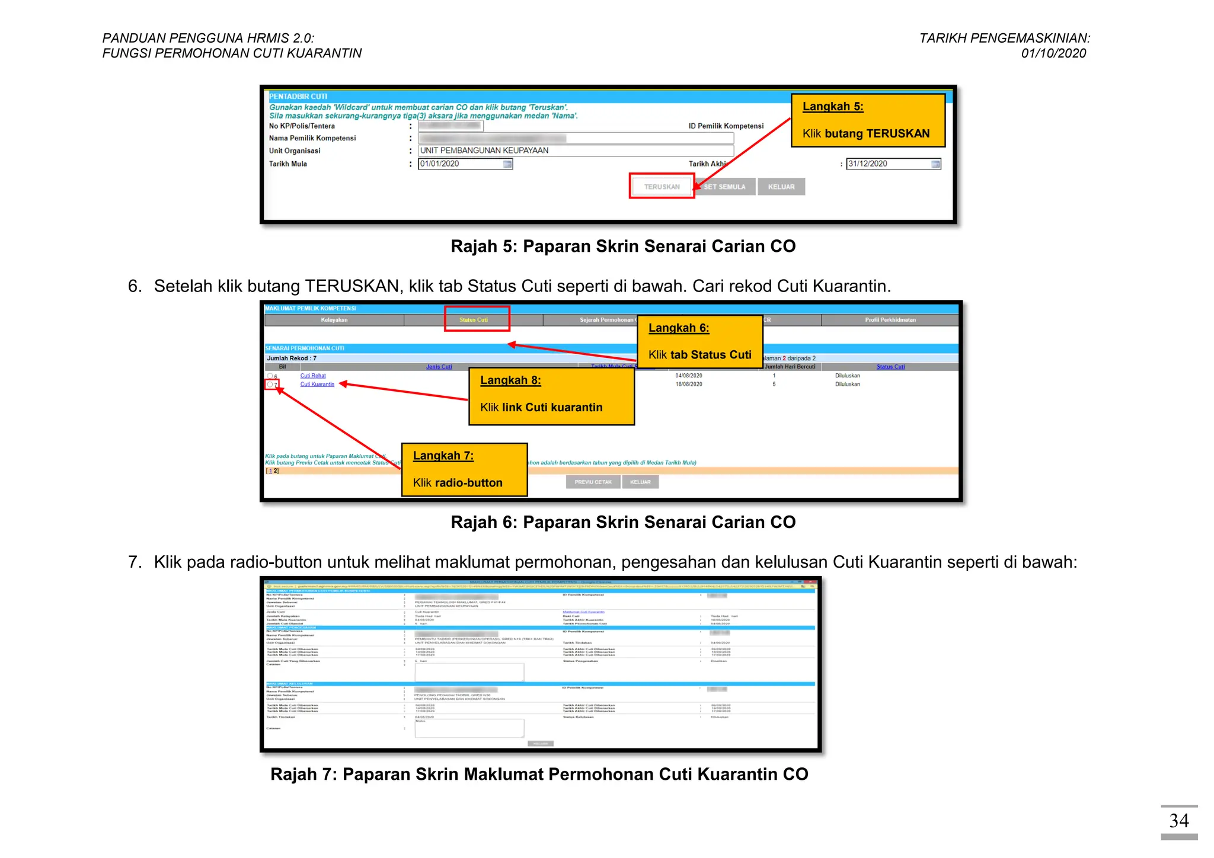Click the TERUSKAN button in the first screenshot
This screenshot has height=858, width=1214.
click(x=662, y=187)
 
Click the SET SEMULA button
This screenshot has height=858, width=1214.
click(x=725, y=187)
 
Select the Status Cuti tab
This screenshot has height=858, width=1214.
click(x=474, y=320)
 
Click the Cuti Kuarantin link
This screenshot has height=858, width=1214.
click(x=317, y=385)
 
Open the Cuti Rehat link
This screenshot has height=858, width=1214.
click(x=313, y=376)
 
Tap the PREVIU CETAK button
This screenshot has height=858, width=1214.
click(x=593, y=482)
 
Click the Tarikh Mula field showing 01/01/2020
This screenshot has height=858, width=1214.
click(x=461, y=164)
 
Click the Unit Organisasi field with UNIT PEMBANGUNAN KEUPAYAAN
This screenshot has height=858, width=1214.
click(x=575, y=151)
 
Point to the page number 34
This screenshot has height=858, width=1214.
click(x=1178, y=821)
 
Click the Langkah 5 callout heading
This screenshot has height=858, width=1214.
click(x=833, y=107)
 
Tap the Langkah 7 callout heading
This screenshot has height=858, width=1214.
click(x=443, y=456)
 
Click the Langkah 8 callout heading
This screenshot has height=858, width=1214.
click(x=510, y=380)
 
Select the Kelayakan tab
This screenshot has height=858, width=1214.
click(x=334, y=320)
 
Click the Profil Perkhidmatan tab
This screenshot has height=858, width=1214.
click(x=890, y=320)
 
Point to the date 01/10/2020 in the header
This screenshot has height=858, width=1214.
click(x=1053, y=53)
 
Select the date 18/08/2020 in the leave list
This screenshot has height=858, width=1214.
click(x=688, y=385)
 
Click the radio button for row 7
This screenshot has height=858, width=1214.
click(x=270, y=385)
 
